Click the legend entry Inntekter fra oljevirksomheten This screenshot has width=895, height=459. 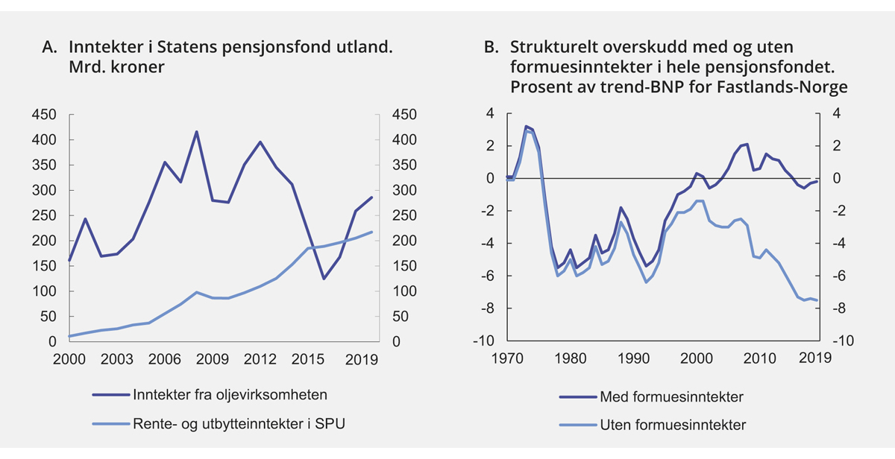click(x=229, y=394)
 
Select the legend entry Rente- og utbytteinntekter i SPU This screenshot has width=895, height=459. click(x=238, y=424)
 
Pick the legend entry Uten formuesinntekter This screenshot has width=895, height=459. click(x=672, y=425)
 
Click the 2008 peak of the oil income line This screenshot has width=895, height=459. click(x=196, y=132)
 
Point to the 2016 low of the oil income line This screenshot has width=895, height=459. click(x=324, y=279)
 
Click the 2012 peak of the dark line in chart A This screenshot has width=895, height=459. click(x=260, y=142)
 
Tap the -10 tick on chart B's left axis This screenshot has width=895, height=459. click(x=486, y=341)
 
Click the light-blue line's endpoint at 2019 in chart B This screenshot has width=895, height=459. click(x=817, y=300)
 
